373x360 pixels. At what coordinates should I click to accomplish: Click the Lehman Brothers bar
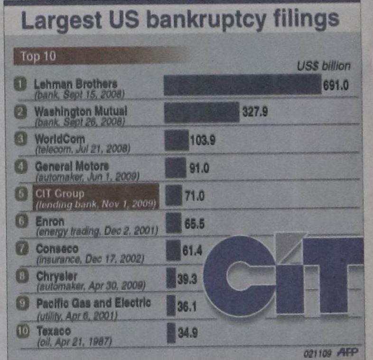click(242, 85)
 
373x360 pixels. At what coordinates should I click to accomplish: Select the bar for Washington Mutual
click(201, 113)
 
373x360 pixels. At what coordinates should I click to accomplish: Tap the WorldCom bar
click(176, 141)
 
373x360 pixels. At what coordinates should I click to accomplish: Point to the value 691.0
click(336, 85)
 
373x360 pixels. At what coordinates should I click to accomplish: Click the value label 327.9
click(255, 112)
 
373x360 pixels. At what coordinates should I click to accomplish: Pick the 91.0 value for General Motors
click(200, 168)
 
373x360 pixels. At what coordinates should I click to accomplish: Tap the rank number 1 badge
click(20, 85)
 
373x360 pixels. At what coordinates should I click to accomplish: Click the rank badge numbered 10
click(22, 331)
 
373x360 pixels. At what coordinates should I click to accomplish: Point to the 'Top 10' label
click(38, 57)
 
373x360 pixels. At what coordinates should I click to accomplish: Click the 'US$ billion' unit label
click(324, 66)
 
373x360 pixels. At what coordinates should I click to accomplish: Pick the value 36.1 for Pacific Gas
click(187, 307)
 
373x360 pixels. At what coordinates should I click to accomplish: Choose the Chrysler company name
click(56, 276)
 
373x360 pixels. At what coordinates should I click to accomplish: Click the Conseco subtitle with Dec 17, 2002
click(90, 259)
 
